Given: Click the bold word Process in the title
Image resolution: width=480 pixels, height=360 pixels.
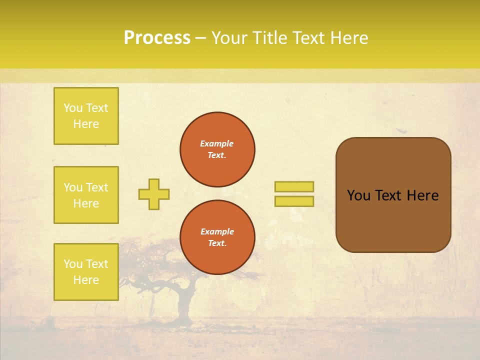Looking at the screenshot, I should pos(157,38).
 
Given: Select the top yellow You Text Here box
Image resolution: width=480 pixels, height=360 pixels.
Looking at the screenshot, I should pos(86,116).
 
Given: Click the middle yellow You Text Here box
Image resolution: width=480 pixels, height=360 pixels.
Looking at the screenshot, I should pos(86,195).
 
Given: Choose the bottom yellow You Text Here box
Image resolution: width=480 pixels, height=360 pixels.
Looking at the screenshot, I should pos(86,272).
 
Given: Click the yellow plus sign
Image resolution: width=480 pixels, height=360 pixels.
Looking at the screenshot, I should pos(154,194).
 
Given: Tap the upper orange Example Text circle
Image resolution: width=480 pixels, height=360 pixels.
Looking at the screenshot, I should pos(217,149).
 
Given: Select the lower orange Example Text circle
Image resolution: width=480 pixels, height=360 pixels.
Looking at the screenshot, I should pos(217,237).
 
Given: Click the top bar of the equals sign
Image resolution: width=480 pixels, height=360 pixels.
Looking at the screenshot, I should pos(294,187).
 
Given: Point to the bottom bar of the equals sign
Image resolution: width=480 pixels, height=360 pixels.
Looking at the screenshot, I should pos(294,201).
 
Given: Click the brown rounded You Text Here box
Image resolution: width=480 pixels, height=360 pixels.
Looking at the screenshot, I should pos(393,195).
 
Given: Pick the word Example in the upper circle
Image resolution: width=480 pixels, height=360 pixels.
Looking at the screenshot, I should pos(217,143).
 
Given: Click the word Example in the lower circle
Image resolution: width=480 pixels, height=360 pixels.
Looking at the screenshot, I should pos(217,231).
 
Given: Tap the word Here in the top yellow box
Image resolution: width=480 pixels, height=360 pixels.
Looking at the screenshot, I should pos(86,124).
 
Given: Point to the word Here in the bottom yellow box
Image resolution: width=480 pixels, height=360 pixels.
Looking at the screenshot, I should pos(86,280).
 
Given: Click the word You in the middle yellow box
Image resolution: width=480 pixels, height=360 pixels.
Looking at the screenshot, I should pos(72,187).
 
